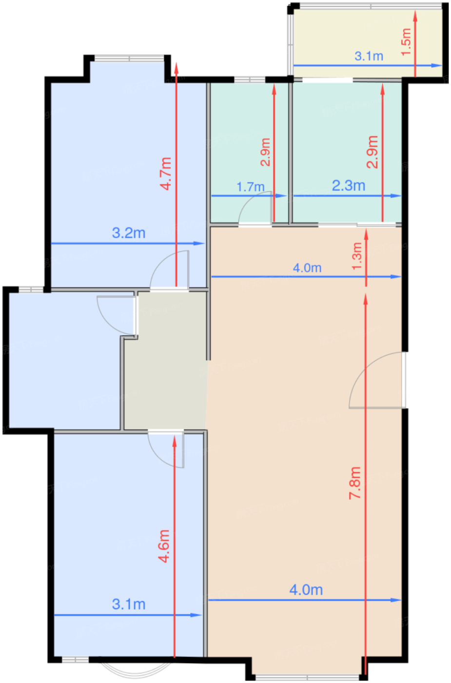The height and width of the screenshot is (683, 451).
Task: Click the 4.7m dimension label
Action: (x=166, y=174)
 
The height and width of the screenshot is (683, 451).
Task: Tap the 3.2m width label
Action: (x=129, y=233)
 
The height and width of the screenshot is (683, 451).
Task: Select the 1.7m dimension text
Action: (x=251, y=187)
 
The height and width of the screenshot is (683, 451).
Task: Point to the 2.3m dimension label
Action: (x=348, y=186)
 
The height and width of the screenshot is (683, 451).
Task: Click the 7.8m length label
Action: (x=355, y=482)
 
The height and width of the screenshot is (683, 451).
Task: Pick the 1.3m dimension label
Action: (x=357, y=256)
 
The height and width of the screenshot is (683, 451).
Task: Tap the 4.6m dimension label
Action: (x=164, y=546)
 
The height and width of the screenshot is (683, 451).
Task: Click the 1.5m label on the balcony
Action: (x=406, y=42)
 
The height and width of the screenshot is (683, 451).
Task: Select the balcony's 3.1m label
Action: (x=369, y=56)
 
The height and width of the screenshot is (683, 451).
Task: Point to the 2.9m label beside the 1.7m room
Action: (x=265, y=152)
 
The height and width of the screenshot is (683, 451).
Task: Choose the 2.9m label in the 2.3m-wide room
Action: (x=373, y=152)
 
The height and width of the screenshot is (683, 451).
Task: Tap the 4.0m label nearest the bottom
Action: (x=306, y=590)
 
